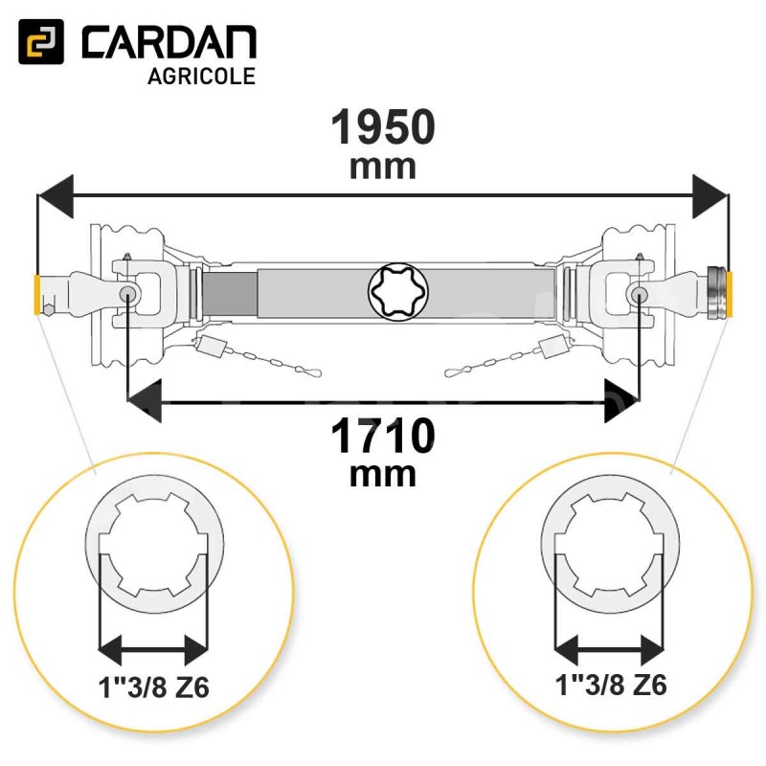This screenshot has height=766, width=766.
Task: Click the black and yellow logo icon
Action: (x=41, y=41)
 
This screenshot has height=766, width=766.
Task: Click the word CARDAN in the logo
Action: (x=169, y=42)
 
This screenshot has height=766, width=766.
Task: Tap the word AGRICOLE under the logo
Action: (x=202, y=77)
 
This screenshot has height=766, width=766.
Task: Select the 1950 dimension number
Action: (x=383, y=127)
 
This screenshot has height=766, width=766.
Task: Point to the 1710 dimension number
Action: (x=383, y=437)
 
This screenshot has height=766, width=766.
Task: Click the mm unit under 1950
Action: (x=383, y=168)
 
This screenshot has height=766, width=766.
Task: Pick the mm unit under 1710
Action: (x=383, y=475)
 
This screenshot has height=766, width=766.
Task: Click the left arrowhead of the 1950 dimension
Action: (x=56, y=196)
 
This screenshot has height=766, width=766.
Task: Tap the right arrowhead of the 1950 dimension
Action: (x=710, y=196)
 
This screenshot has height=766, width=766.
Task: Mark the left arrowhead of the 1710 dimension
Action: (x=145, y=401)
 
